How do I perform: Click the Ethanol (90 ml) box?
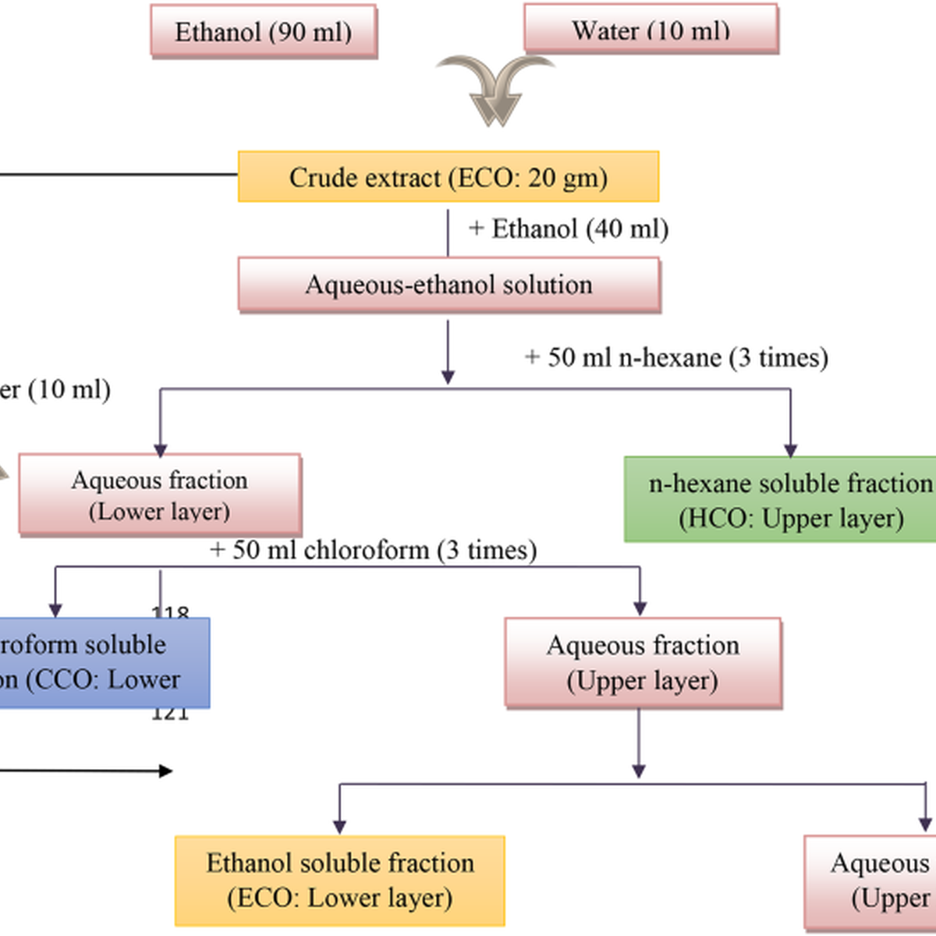264,32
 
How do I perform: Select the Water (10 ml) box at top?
651,30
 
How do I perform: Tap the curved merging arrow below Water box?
495,90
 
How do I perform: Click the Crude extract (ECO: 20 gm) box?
448,177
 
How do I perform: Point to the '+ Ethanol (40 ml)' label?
568,229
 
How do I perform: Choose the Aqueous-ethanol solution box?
448,285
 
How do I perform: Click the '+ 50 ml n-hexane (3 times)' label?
676,357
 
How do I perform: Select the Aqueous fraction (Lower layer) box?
160,495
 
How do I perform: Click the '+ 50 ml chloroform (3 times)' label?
373,550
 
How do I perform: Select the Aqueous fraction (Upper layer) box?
643,662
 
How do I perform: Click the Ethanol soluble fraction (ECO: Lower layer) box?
340,880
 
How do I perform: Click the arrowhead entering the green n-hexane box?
790,450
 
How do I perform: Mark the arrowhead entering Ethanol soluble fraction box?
339,827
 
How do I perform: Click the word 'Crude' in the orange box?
320,177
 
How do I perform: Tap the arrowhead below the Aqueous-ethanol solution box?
448,377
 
